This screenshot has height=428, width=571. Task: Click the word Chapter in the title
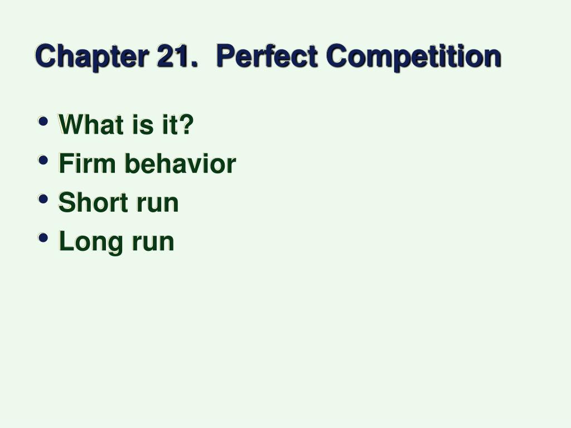click(x=92, y=57)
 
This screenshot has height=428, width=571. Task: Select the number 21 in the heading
click(x=173, y=55)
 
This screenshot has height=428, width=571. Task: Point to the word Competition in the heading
click(x=414, y=57)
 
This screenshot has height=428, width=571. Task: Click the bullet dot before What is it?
click(x=43, y=121)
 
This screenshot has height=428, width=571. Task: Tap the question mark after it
click(x=186, y=124)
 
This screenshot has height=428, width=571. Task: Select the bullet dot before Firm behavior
click(x=43, y=160)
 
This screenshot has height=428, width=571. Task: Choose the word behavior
click(x=181, y=163)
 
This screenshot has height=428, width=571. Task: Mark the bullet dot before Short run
click(x=43, y=199)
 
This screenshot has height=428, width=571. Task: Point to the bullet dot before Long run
click(x=43, y=237)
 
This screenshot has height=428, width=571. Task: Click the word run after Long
click(x=153, y=244)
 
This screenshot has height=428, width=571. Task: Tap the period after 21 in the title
click(x=194, y=65)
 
